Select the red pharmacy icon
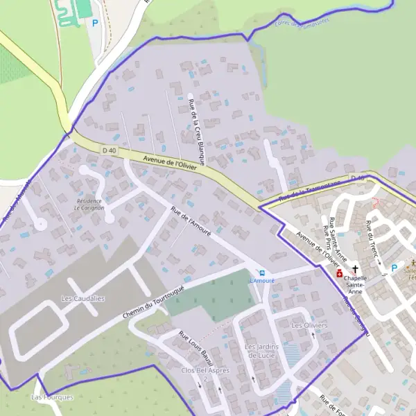(339, 274)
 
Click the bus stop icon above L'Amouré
(261, 272)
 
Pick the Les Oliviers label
(309, 325)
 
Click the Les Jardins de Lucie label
(261, 350)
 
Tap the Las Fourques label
(52, 397)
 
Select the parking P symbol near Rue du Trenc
(395, 268)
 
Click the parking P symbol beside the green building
(96, 23)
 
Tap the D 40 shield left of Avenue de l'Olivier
(109, 150)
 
